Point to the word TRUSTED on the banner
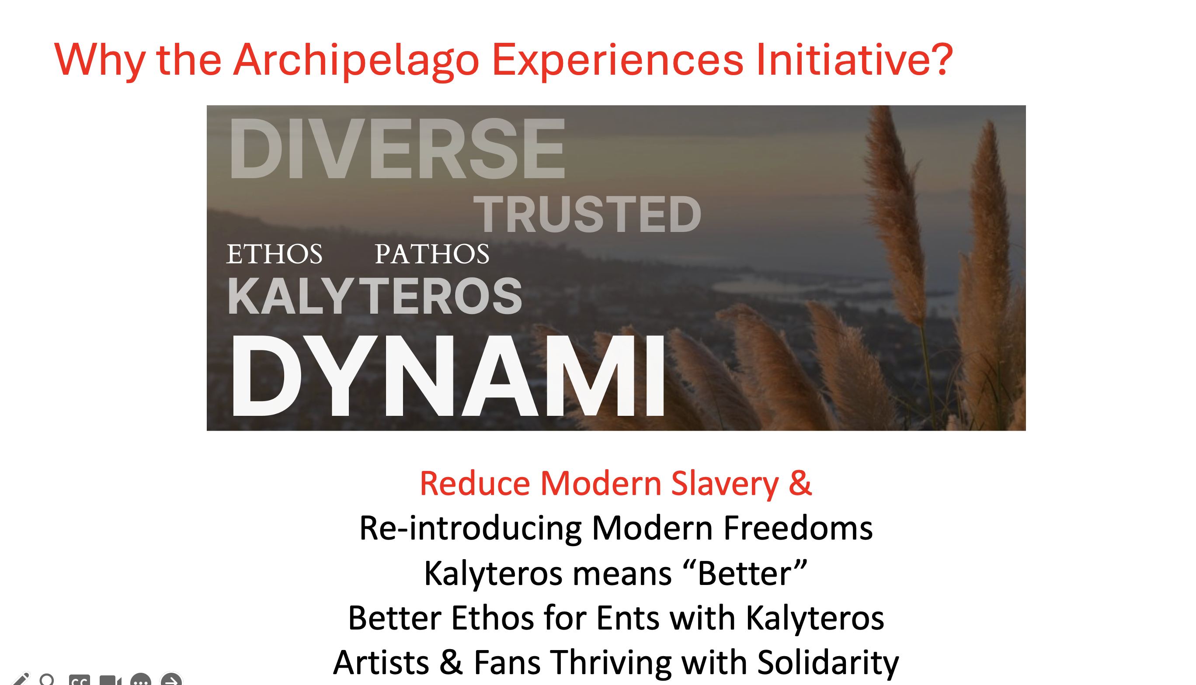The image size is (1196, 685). (x=588, y=214)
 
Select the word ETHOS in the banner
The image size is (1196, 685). (x=275, y=254)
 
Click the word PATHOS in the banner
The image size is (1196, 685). (x=431, y=254)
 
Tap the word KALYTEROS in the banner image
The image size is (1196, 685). (x=375, y=295)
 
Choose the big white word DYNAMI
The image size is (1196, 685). (x=448, y=376)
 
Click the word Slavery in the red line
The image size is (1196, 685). (x=725, y=484)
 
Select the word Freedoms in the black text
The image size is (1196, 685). (x=798, y=528)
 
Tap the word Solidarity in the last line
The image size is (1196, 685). (x=828, y=663)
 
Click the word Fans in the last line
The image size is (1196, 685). (x=507, y=663)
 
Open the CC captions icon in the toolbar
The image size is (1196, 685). (x=79, y=680)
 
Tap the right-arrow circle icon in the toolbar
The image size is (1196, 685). (x=171, y=679)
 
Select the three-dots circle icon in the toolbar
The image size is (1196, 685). (x=141, y=679)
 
